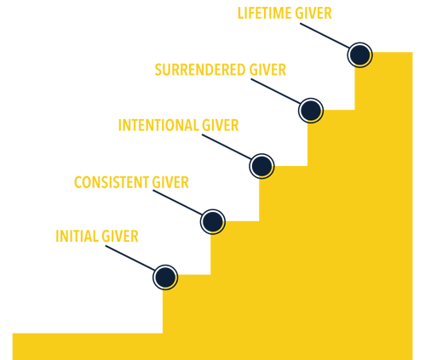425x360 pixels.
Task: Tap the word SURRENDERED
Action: (x=200, y=70)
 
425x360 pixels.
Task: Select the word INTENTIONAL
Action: (x=158, y=125)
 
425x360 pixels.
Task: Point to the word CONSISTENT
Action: (x=112, y=182)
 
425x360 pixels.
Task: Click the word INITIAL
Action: (x=77, y=236)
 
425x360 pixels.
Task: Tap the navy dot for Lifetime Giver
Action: (x=359, y=54)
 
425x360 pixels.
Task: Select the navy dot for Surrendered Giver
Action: (x=311, y=111)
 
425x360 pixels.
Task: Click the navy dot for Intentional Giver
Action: (x=261, y=166)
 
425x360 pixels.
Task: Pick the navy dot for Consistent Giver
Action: (x=213, y=221)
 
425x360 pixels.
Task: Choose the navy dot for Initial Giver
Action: (x=165, y=277)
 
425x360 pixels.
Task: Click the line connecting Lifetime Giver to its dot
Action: (x=325, y=36)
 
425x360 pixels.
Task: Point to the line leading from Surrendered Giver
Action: (x=276, y=91)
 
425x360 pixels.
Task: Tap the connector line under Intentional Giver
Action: (x=227, y=147)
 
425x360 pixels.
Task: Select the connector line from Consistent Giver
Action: (x=178, y=203)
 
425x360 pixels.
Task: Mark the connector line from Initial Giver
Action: (x=130, y=258)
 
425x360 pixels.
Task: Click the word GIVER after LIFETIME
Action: (x=313, y=14)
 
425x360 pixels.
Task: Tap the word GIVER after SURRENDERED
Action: (x=267, y=70)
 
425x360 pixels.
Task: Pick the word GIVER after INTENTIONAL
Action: (x=221, y=125)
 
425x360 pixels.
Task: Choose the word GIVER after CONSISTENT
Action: (x=170, y=182)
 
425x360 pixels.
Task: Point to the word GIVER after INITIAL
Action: (x=120, y=236)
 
